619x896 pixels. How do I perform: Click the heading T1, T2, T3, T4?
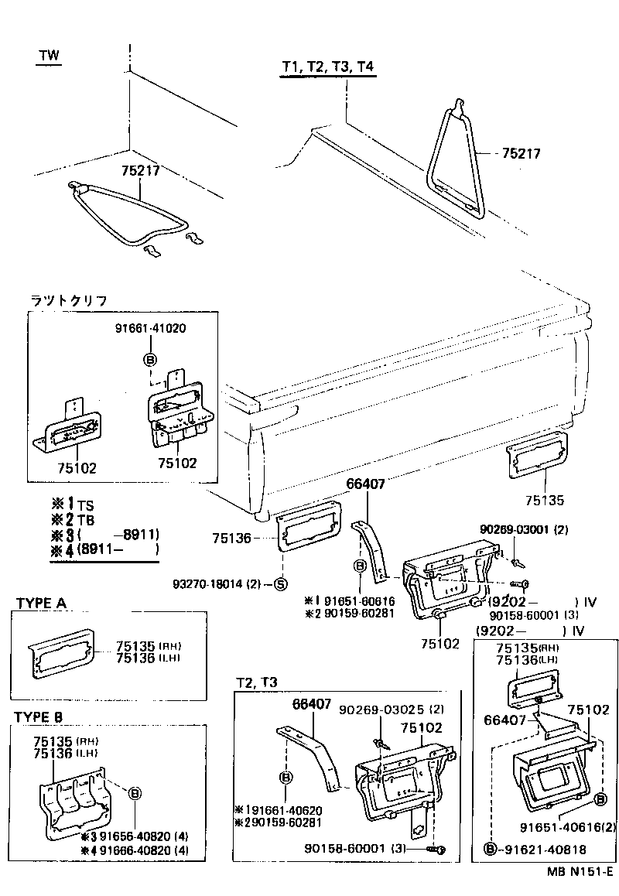(328, 67)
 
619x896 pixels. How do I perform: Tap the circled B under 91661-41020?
(149, 359)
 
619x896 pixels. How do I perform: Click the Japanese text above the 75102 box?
(68, 300)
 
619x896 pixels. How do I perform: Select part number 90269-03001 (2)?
(524, 529)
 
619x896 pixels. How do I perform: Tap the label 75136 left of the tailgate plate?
(231, 537)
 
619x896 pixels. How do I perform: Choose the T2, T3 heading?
(256, 682)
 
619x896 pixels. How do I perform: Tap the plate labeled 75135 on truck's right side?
(536, 461)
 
